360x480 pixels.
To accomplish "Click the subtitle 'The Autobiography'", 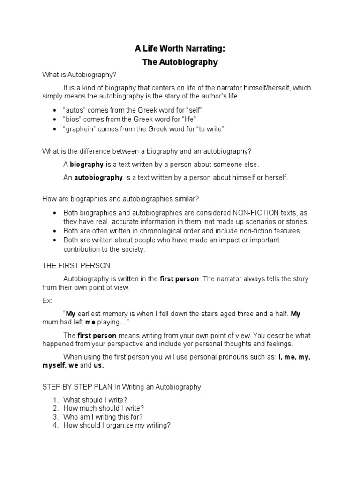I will point(180,62).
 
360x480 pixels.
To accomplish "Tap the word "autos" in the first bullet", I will point(74,110).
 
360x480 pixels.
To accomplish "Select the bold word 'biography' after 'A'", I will point(87,165).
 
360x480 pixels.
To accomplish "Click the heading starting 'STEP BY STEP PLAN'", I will point(121,387).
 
